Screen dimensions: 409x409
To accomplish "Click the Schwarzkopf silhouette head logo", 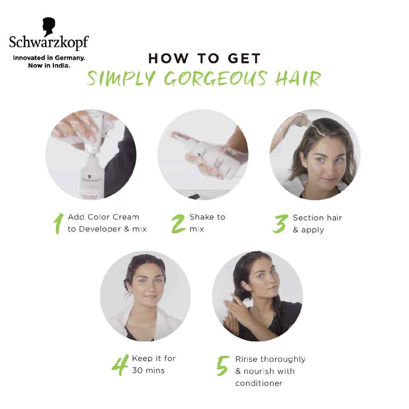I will (x=49, y=27).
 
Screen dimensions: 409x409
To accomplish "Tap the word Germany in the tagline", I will (x=69, y=57).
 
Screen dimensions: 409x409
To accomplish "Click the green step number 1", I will (x=57, y=223).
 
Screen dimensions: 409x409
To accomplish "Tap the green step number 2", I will (x=178, y=223).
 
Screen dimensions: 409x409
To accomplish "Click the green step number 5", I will (x=222, y=365).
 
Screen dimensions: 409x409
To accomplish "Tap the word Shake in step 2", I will (x=200, y=217).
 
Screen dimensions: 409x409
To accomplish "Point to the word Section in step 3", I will (x=308, y=218).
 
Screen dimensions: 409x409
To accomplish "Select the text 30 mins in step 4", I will (x=148, y=371).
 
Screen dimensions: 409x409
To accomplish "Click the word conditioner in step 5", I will (x=259, y=383).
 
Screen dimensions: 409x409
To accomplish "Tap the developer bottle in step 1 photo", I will (x=91, y=176).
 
